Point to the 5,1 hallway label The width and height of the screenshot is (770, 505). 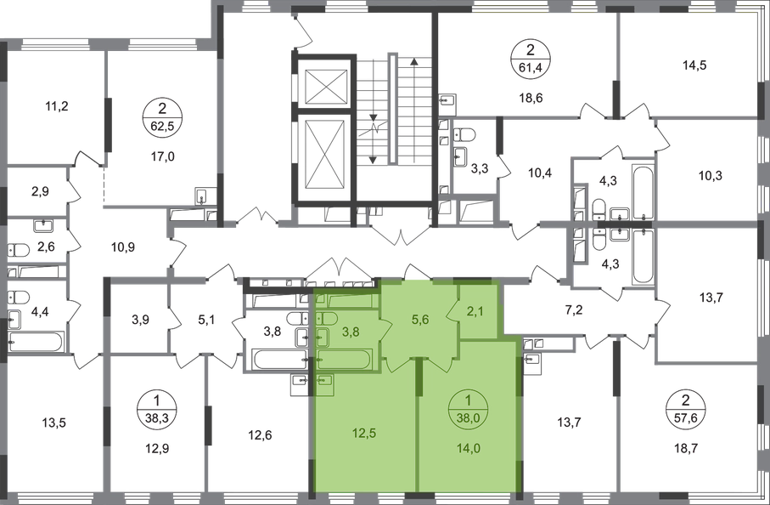click(207, 321)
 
